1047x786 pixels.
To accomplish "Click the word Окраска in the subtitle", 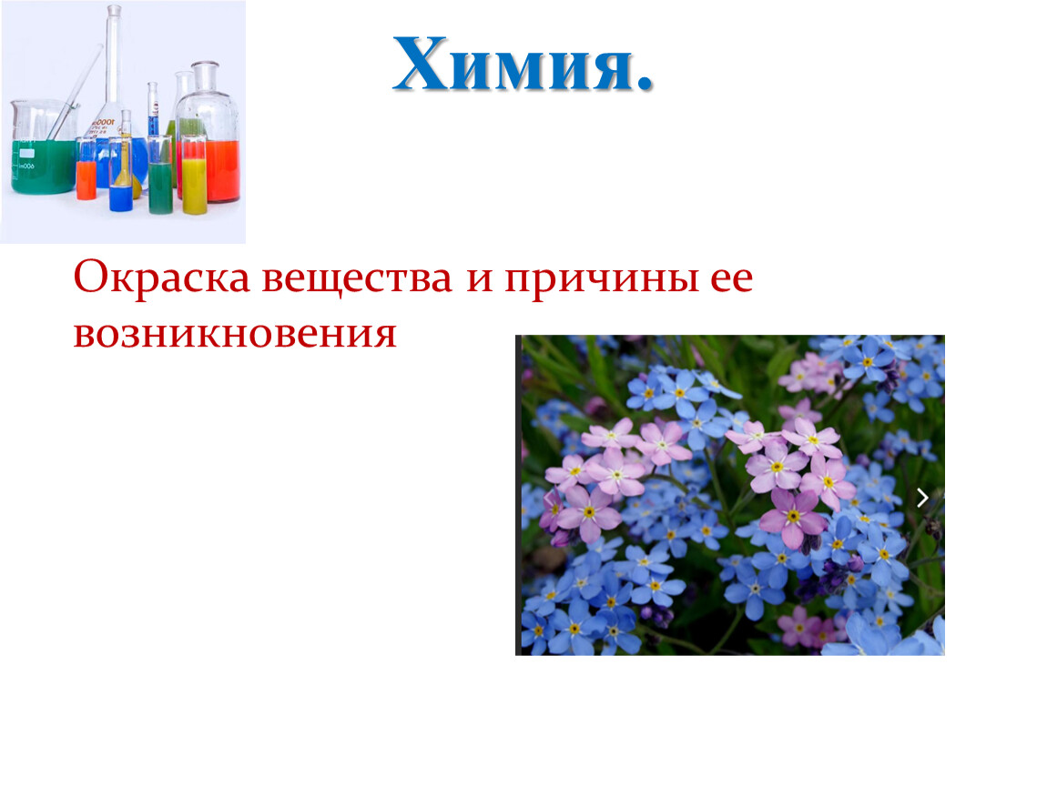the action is [161, 277].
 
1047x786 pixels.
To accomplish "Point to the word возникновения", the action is [235, 333].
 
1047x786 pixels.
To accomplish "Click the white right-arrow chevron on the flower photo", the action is [923, 498].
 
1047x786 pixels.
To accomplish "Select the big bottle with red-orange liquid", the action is [208, 134].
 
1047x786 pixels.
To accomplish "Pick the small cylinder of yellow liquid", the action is [194, 175].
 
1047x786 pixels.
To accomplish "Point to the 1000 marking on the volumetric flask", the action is [104, 125].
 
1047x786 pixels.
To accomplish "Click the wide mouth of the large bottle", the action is [206, 65].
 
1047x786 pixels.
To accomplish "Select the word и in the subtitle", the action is [479, 280].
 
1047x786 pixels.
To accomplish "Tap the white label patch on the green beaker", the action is [26, 154].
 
